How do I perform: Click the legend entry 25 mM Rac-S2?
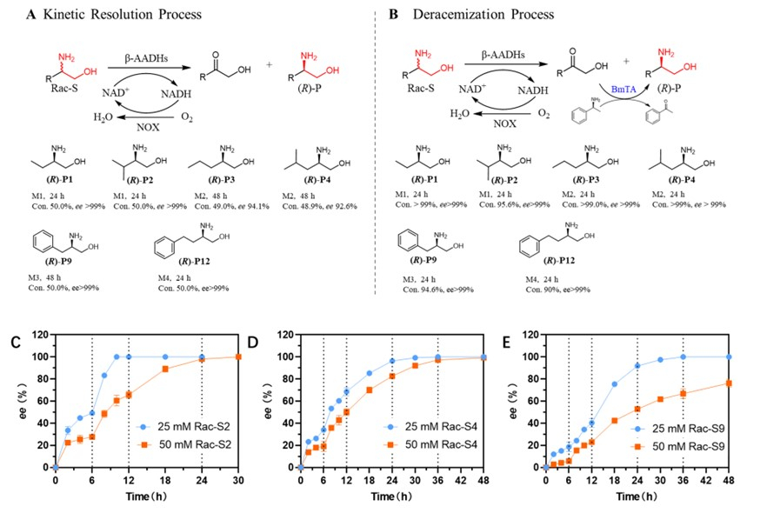tap(182, 428)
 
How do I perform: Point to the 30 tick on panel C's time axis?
tap(238, 480)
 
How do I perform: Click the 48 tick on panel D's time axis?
tap(483, 480)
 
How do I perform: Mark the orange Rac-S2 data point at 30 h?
tap(238, 356)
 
